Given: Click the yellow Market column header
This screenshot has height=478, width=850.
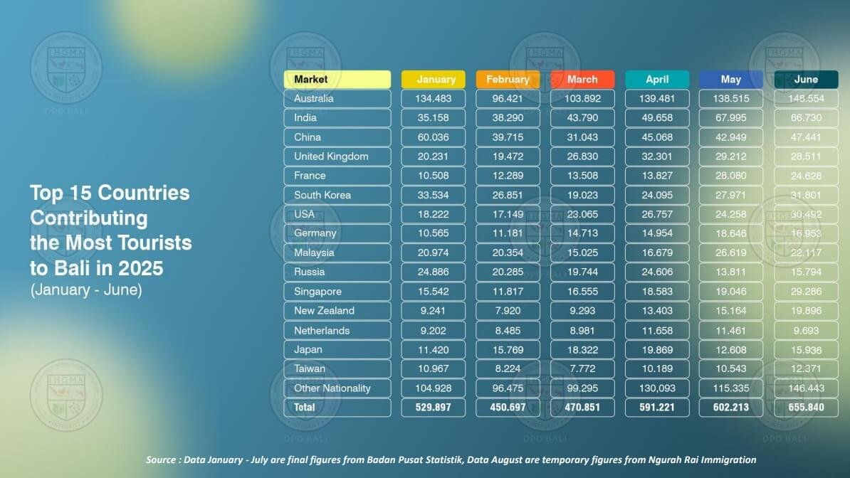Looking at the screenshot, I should point(337,79).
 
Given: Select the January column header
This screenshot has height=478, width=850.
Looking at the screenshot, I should point(433,79).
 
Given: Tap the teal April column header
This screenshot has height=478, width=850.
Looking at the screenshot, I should point(657,79).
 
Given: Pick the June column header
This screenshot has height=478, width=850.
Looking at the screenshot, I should point(806,79).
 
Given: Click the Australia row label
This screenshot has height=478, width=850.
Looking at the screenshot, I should point(314,98).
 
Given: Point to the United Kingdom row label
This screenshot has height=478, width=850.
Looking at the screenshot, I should point(331,156).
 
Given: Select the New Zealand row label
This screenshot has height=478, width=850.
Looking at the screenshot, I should point(324,311).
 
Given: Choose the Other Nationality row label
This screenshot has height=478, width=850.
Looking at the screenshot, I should point(332,388).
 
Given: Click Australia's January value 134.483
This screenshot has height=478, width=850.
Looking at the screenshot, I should point(433,98).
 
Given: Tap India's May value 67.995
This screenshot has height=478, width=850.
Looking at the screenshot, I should point(731,117).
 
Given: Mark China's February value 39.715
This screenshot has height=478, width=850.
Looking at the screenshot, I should point(508,137).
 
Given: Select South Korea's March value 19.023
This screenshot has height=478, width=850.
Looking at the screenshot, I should point(582,195).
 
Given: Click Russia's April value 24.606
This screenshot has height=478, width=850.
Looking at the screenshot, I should point(657,272).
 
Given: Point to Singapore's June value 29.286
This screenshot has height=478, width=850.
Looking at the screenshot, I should point(806,292).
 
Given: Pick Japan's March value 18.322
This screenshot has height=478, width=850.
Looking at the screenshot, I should point(582,349).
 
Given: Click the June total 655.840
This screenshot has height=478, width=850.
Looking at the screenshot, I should point(806,408).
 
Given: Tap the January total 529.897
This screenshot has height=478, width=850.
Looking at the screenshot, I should point(433,408).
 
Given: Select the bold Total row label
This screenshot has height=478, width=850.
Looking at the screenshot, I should point(305,408).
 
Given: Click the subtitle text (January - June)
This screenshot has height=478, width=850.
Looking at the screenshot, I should point(86,290).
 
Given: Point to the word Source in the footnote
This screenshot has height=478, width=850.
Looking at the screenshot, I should point(162,460).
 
